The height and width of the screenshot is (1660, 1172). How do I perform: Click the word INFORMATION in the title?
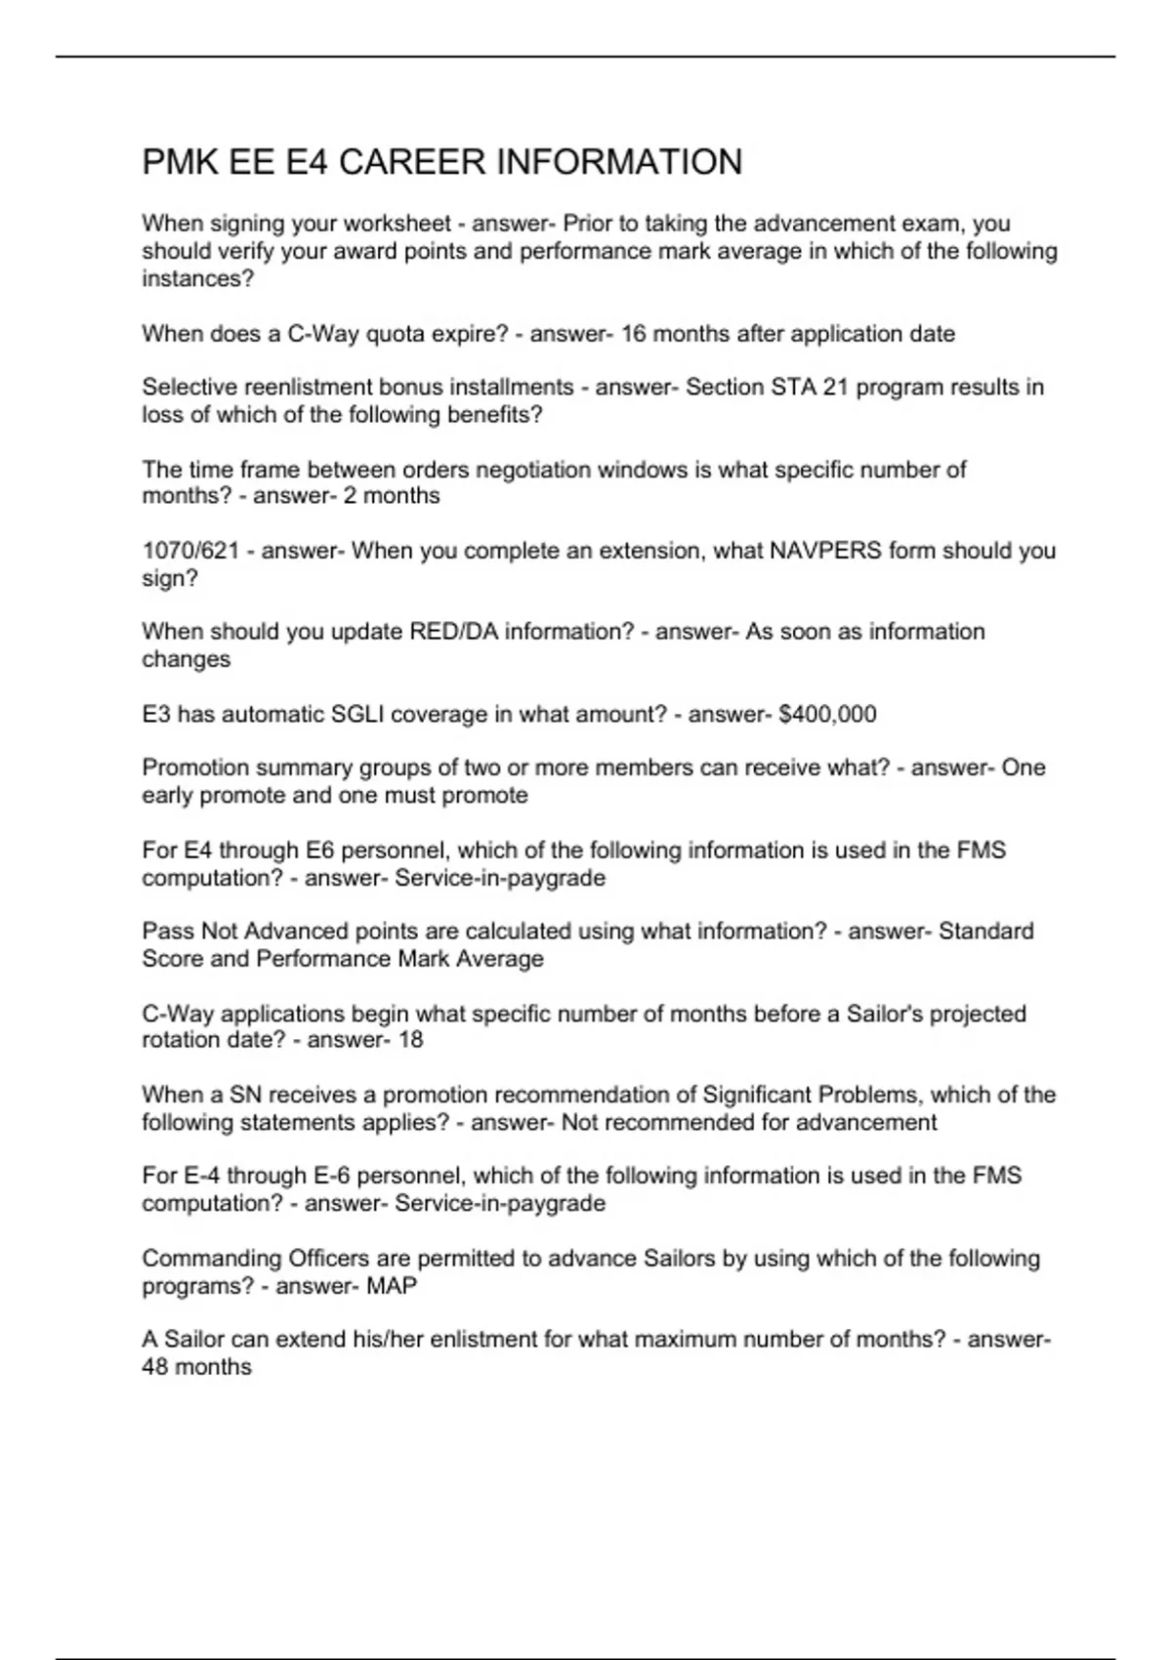(620, 162)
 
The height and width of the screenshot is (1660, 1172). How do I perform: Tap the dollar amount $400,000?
(827, 715)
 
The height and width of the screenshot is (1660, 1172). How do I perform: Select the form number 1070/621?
(190, 551)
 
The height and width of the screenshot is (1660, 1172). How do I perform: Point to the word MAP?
(392, 1286)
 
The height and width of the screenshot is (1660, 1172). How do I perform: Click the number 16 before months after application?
(634, 334)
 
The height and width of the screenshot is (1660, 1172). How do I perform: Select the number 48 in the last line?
(156, 1367)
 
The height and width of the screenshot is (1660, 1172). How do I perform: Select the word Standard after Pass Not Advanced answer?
(985, 932)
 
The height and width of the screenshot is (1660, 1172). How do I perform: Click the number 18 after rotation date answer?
(411, 1040)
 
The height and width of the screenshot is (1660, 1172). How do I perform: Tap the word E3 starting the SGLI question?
(156, 715)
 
